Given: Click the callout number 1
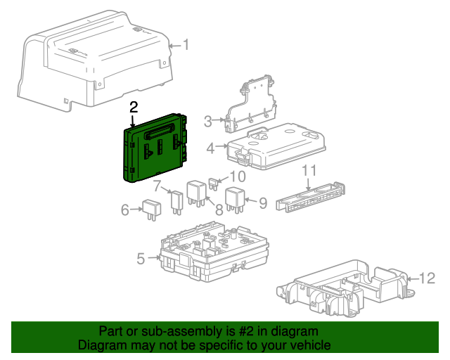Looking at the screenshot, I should pyautogui.click(x=186, y=45).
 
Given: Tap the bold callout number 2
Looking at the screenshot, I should pyautogui.click(x=134, y=107).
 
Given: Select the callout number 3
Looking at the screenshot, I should pyautogui.click(x=208, y=122).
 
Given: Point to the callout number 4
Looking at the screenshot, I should pyautogui.click(x=210, y=148).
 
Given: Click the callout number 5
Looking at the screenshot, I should pyautogui.click(x=141, y=259).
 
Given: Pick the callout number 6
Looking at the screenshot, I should pyautogui.click(x=125, y=209).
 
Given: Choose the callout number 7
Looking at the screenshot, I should pyautogui.click(x=158, y=186).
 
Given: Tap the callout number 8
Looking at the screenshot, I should pyautogui.click(x=219, y=208).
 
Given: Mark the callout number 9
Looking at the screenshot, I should pyautogui.click(x=262, y=203).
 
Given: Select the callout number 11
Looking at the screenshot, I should pyautogui.click(x=310, y=172).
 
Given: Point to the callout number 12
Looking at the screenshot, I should pyautogui.click(x=428, y=278).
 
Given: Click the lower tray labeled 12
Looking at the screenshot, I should pyautogui.click(x=345, y=288).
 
